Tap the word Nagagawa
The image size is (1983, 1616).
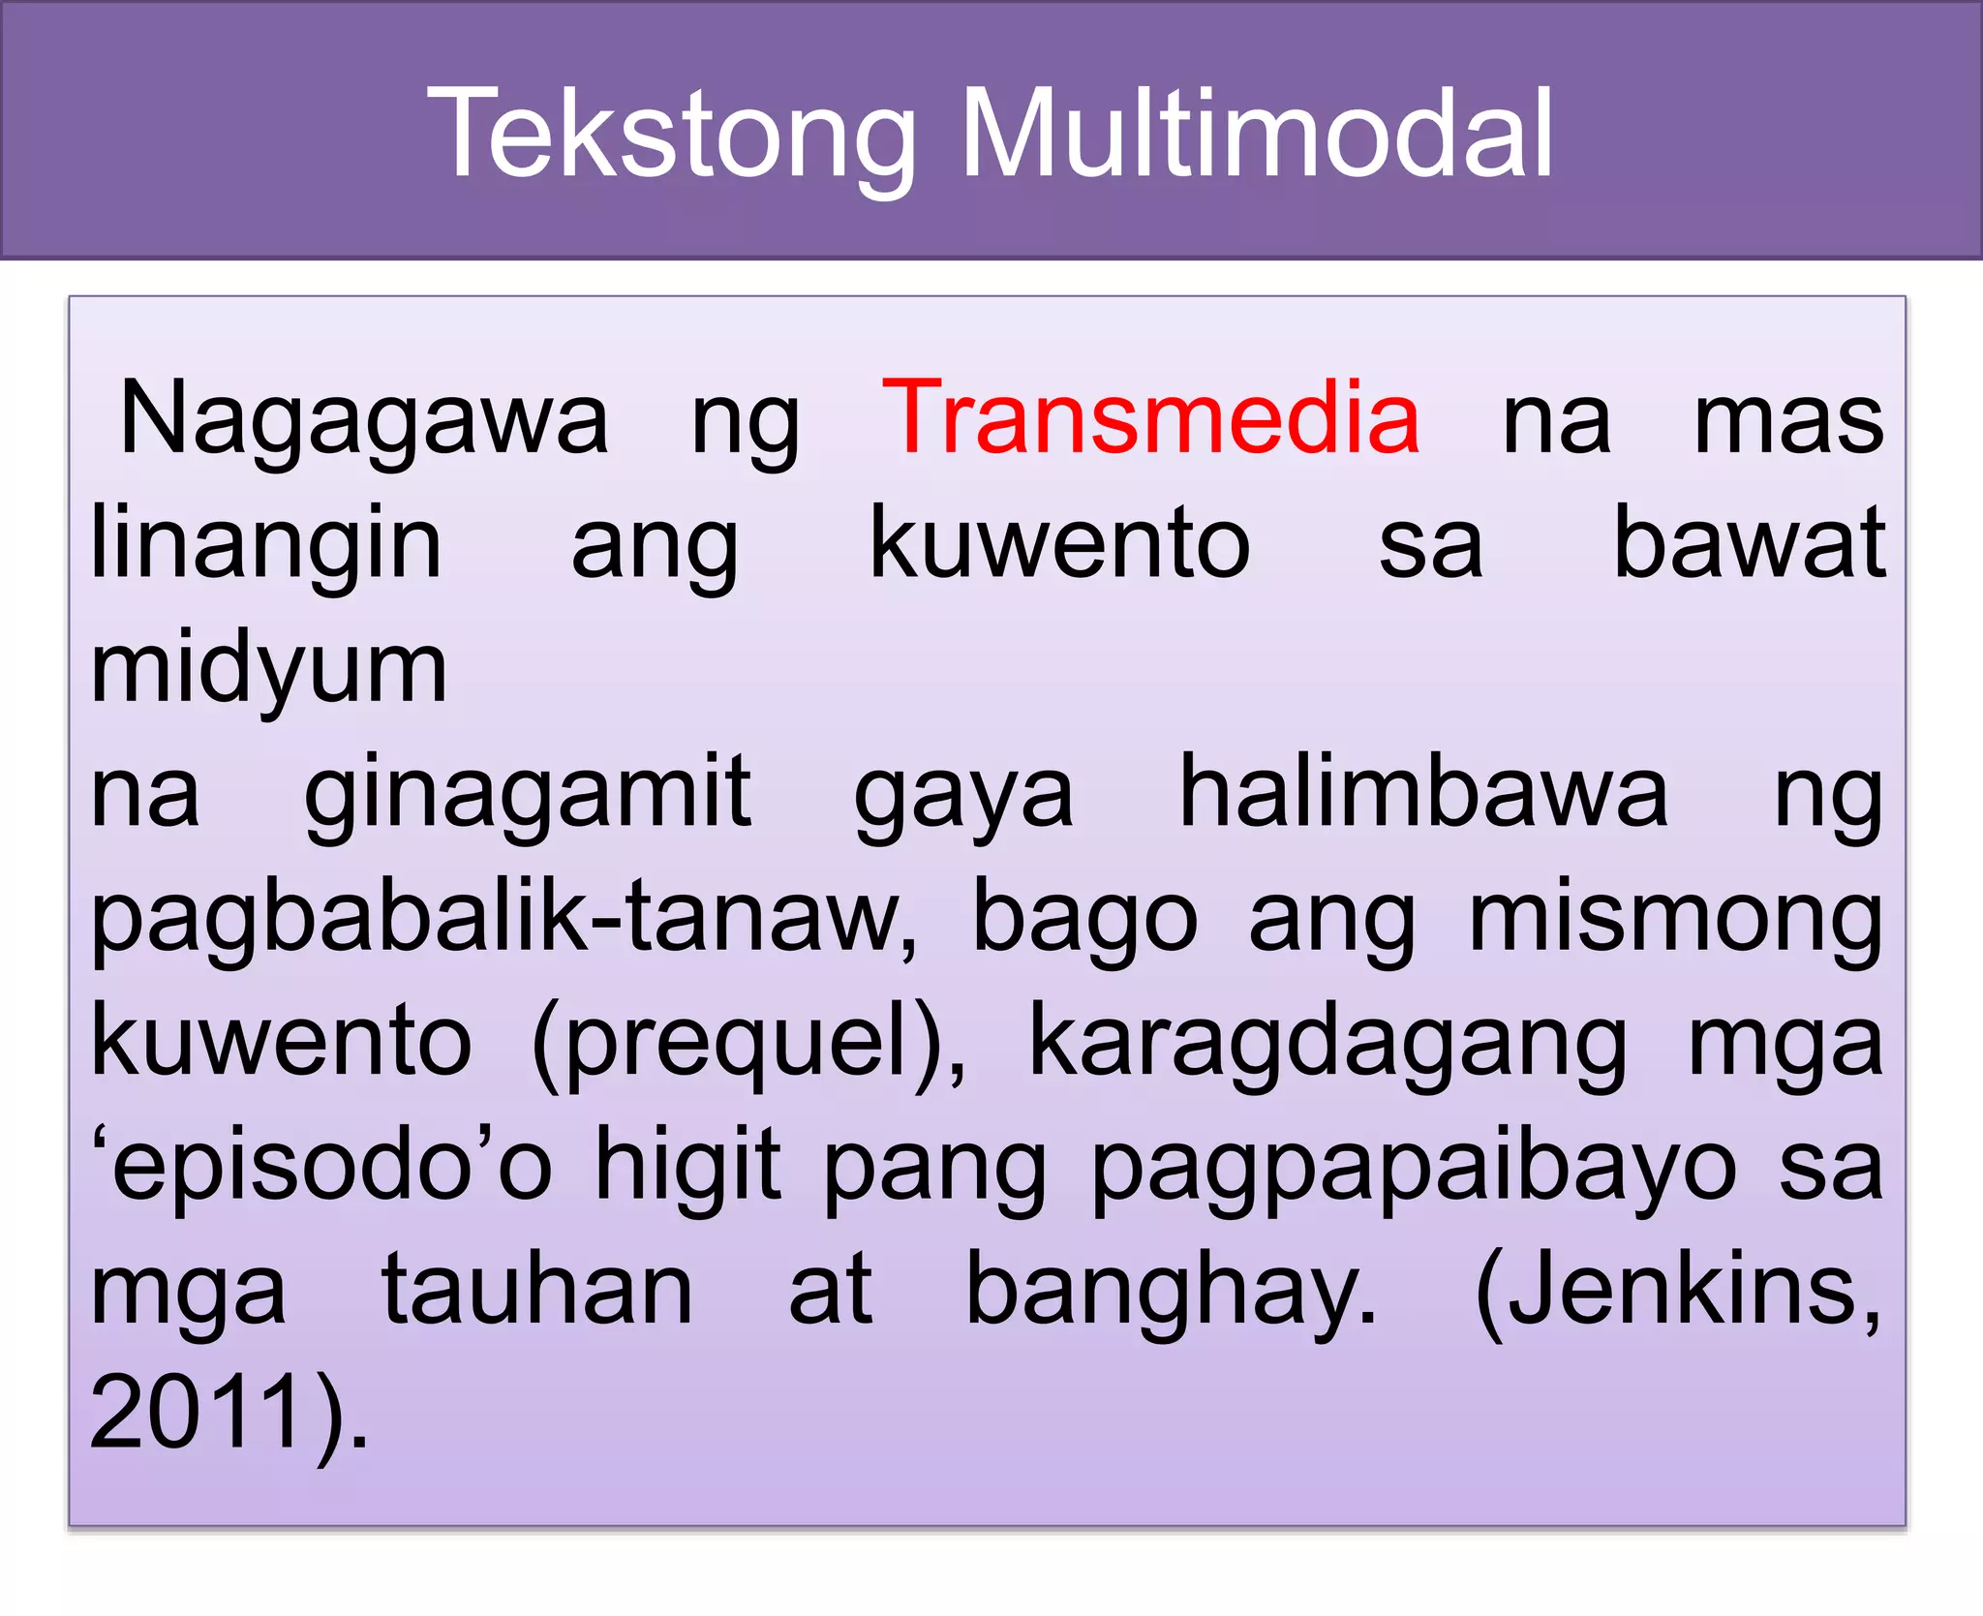[x=364, y=418]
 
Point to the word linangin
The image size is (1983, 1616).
[x=266, y=544]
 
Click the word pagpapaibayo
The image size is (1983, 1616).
[x=1414, y=1166]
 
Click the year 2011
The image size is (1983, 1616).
[x=198, y=1413]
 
